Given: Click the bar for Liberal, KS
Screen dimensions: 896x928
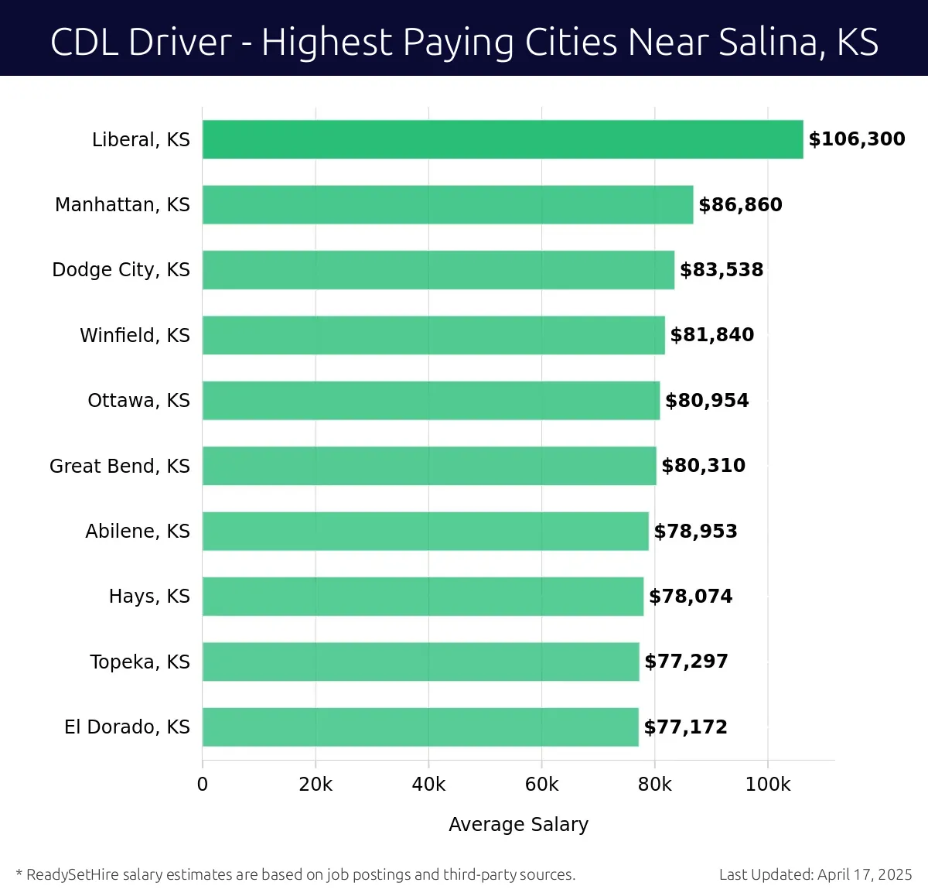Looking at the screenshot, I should pyautogui.click(x=503, y=139).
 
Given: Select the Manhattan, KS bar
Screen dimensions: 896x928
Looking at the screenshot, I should pyautogui.click(x=448, y=204).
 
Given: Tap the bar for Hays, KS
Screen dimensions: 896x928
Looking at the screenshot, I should pyautogui.click(x=423, y=596).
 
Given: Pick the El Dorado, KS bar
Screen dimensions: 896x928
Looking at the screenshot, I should pyautogui.click(x=421, y=727).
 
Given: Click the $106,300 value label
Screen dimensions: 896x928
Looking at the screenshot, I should pyautogui.click(x=856, y=139).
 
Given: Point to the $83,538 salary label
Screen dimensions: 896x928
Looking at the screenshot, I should pyautogui.click(x=721, y=269).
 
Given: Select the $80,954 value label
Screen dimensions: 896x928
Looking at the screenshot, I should pyautogui.click(x=707, y=400).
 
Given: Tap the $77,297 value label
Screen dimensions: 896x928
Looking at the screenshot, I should pyautogui.click(x=686, y=662).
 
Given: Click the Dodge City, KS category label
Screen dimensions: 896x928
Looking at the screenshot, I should pyautogui.click(x=121, y=269).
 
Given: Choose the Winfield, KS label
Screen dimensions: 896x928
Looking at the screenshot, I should pyautogui.click(x=135, y=335).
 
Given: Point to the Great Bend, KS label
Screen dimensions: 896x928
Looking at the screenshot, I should pyautogui.click(x=119, y=466).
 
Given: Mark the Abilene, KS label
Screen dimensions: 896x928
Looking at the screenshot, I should pyautogui.click(x=137, y=531).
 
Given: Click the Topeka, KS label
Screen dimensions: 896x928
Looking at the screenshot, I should pyautogui.click(x=139, y=662).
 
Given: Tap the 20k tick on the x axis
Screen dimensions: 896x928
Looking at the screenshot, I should pyautogui.click(x=316, y=785).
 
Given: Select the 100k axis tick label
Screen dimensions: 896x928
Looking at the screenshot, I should pyautogui.click(x=767, y=785).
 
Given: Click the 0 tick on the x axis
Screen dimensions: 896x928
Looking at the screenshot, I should pyautogui.click(x=203, y=785).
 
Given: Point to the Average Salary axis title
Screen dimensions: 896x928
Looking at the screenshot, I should pyautogui.click(x=518, y=825).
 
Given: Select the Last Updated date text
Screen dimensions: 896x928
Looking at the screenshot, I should pyautogui.click(x=815, y=874).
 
